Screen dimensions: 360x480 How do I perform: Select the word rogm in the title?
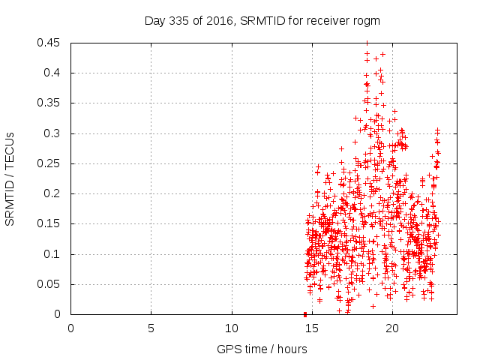tap(366, 21)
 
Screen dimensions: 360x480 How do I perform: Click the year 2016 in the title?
tap(220, 21)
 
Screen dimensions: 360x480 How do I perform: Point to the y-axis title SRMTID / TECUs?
tap(10, 178)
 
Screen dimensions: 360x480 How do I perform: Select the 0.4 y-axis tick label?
tap(55, 73)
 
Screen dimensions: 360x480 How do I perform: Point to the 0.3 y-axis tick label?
tap(55, 133)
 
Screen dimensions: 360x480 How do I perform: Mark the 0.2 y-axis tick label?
tap(55, 193)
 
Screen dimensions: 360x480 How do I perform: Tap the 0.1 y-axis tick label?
tap(55, 254)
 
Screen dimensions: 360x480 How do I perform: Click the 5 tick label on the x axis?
tap(151, 328)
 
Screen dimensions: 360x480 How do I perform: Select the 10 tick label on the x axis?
tap(232, 328)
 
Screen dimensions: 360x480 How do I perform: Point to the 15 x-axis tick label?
tap(312, 328)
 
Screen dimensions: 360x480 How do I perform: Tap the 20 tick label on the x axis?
tap(392, 328)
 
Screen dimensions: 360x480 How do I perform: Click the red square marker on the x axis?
tap(305, 314)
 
